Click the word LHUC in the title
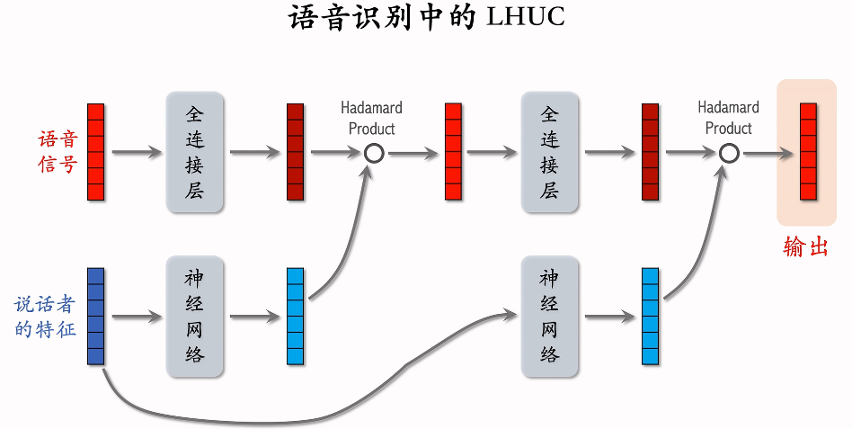(x=526, y=18)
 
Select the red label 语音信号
(x=58, y=152)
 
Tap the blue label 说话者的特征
(x=46, y=317)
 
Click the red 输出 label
(x=805, y=247)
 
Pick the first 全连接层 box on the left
(x=194, y=152)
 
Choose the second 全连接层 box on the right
(x=549, y=152)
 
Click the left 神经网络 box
(x=194, y=317)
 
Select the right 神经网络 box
(x=549, y=317)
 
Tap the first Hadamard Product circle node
(x=374, y=153)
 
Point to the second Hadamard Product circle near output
(x=729, y=153)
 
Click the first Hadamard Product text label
(x=371, y=118)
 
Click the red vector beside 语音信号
(x=95, y=152)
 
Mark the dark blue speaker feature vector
(x=95, y=317)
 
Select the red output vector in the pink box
(x=808, y=152)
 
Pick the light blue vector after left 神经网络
(x=295, y=317)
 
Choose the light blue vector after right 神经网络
(x=650, y=317)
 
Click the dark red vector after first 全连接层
(x=295, y=152)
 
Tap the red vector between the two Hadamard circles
(x=453, y=152)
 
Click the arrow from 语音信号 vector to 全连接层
(x=135, y=153)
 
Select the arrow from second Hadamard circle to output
(x=768, y=153)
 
